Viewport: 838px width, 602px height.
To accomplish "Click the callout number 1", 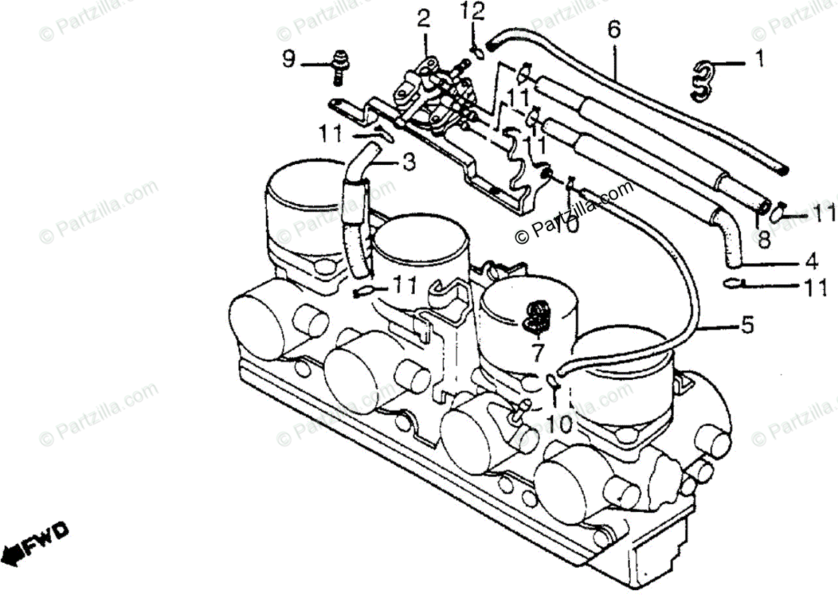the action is [758, 61].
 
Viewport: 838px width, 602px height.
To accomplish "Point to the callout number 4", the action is [811, 263].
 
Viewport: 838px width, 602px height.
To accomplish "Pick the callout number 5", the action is [747, 325].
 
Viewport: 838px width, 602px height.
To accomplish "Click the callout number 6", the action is [614, 30].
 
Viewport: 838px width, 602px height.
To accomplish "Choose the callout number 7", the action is [536, 353].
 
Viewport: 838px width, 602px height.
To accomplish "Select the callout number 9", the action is [289, 60].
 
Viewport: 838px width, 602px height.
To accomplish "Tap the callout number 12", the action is [472, 11].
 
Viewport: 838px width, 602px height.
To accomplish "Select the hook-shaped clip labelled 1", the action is [702, 77].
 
